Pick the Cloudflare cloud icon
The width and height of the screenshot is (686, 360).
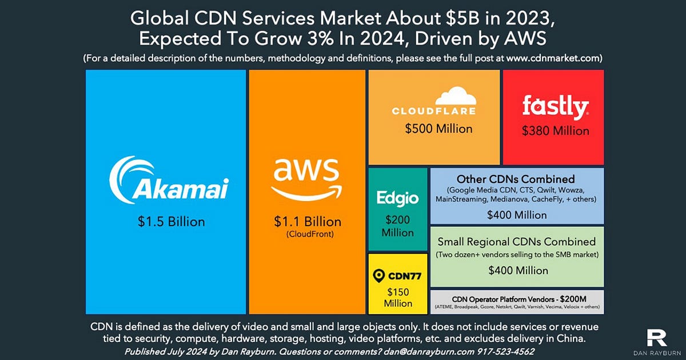pos(451,95)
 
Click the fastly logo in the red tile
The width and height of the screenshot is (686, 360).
pos(555,107)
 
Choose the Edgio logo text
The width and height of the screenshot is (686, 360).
pos(397,198)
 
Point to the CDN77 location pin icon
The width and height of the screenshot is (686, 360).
pos(378,276)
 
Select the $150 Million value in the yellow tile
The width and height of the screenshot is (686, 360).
pos(398,298)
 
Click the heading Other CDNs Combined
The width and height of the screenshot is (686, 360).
pos(516,179)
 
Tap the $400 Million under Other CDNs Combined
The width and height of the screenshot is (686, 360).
pos(517,215)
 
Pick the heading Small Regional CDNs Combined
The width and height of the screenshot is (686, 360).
pos(517,241)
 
